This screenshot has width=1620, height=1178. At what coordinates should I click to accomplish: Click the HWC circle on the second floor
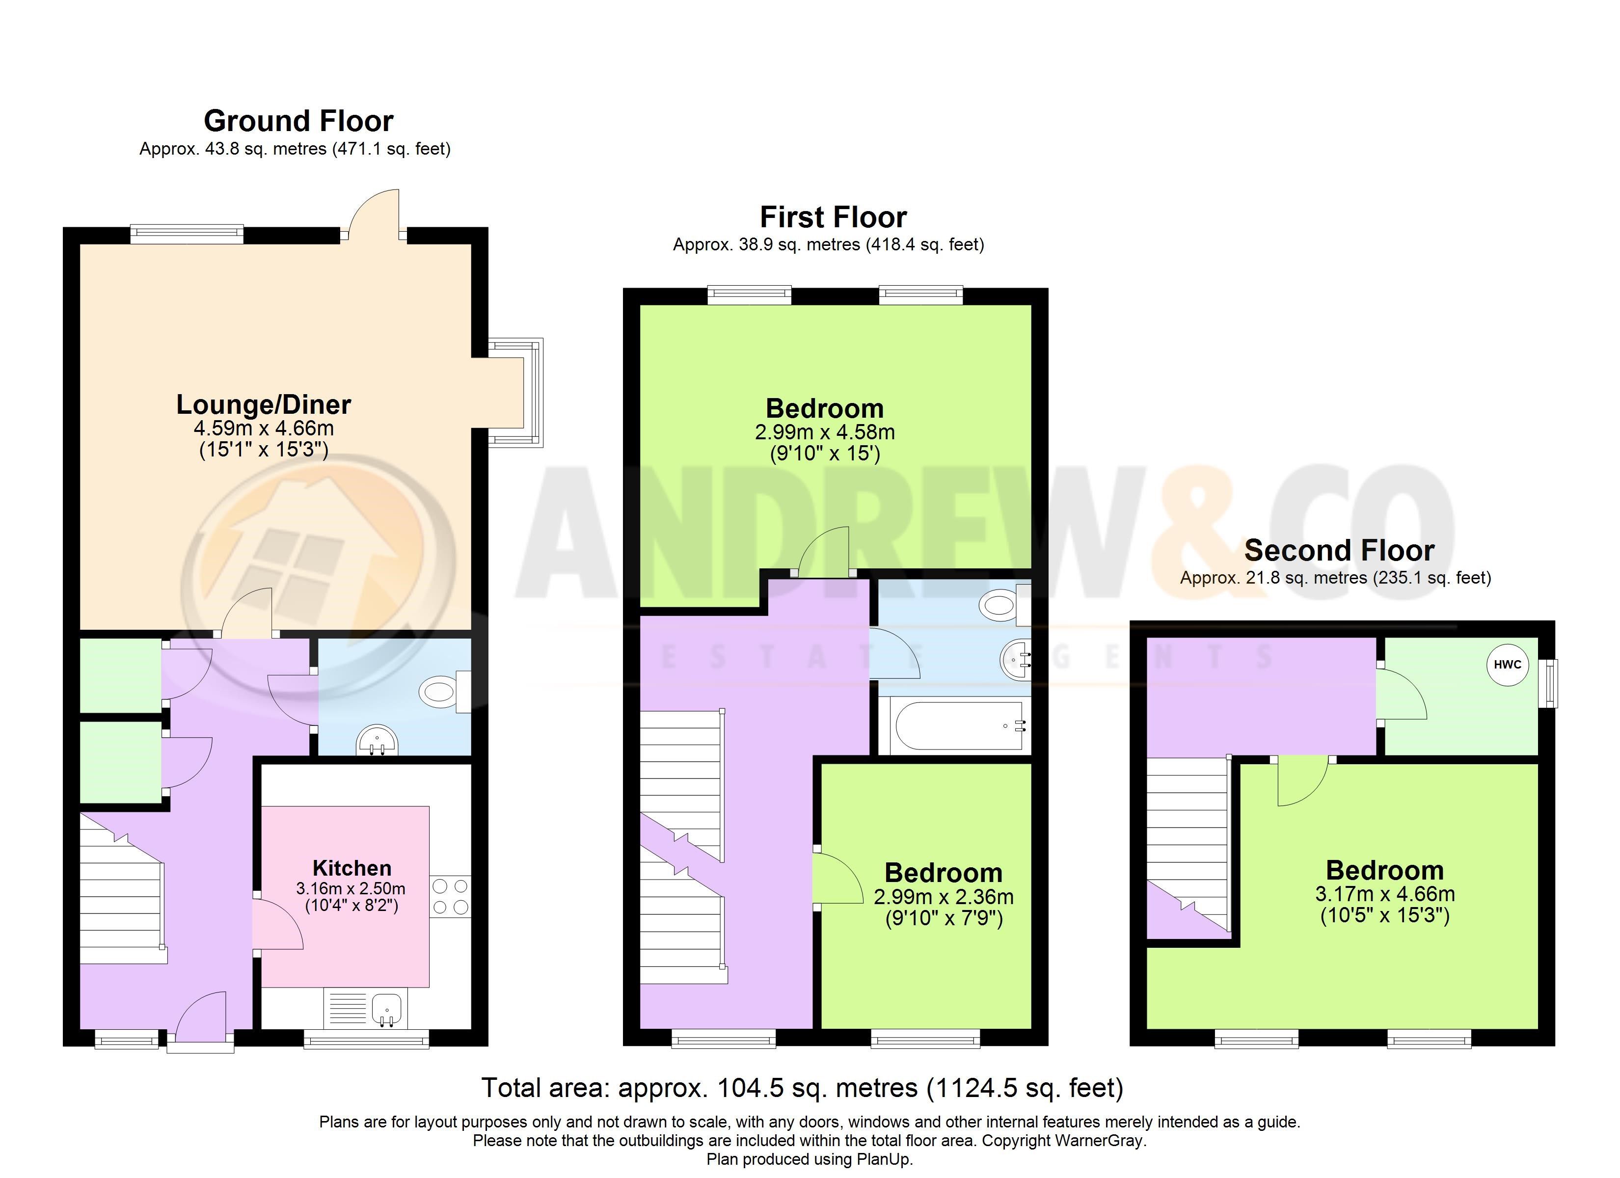click(1507, 665)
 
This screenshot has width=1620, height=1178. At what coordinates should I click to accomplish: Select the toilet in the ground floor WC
click(444, 692)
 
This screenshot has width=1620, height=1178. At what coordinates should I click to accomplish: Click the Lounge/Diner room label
click(264, 404)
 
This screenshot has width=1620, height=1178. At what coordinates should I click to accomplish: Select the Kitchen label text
click(352, 868)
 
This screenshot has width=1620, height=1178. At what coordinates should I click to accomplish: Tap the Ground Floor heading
click(298, 121)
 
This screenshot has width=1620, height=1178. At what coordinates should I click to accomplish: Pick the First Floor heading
click(833, 216)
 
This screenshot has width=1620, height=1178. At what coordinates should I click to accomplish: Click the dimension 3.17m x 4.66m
click(1385, 894)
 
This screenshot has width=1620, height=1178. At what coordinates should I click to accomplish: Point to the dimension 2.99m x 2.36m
click(944, 897)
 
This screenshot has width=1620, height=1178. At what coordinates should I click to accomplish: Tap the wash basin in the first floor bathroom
click(1016, 659)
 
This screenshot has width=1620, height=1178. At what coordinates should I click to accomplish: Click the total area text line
click(803, 1088)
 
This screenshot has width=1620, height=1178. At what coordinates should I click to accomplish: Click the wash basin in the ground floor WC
click(377, 740)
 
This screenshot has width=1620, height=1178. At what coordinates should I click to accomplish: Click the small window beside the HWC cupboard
click(1548, 684)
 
